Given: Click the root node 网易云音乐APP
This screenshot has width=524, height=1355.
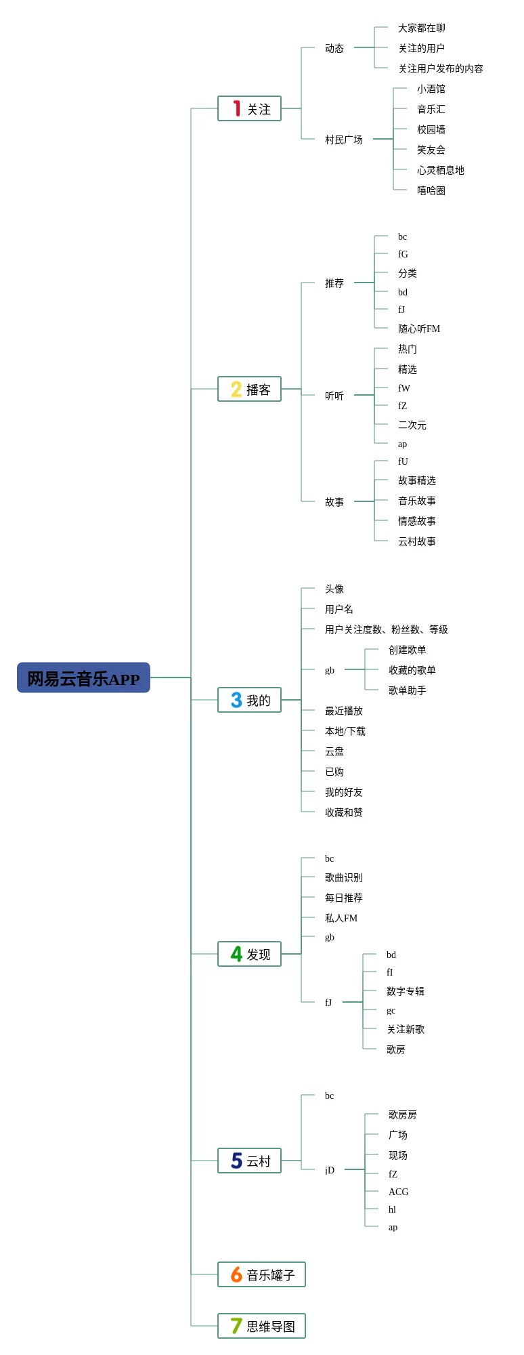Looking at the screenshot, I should [x=83, y=677].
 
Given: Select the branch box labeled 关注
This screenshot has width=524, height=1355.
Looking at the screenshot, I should [x=249, y=108].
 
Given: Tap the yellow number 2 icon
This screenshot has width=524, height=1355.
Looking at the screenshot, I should [x=236, y=389].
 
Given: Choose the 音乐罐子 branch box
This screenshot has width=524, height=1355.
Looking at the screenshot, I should [x=261, y=1274].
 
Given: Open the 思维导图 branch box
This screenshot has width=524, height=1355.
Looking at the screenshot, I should [x=261, y=1326].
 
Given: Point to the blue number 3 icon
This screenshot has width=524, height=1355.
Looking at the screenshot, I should [x=236, y=700].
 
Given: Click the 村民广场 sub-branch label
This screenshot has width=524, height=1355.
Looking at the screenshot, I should [x=343, y=140].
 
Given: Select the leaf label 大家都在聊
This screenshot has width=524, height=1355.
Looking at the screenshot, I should [x=421, y=28].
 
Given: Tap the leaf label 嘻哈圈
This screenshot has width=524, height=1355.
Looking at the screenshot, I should [x=431, y=190].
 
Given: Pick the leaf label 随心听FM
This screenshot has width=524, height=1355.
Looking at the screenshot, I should [x=418, y=329].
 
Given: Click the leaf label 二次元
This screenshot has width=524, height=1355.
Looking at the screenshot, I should [x=412, y=425].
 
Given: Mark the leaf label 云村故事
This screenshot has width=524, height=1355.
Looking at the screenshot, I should [x=416, y=541].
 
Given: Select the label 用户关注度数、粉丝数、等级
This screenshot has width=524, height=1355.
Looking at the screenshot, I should [x=386, y=629].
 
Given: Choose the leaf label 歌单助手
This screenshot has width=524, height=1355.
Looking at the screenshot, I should [x=407, y=690].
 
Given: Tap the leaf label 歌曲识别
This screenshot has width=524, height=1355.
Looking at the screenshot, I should [x=343, y=877].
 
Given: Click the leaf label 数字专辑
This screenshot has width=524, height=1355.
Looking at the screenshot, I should [x=405, y=991].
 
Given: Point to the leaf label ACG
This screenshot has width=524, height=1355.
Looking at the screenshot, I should [x=398, y=1192].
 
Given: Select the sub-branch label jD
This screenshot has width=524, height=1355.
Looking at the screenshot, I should [x=329, y=1170].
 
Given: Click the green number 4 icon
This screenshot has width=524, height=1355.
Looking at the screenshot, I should [x=236, y=954].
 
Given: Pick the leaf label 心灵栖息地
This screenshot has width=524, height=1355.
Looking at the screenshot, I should [x=440, y=170].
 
